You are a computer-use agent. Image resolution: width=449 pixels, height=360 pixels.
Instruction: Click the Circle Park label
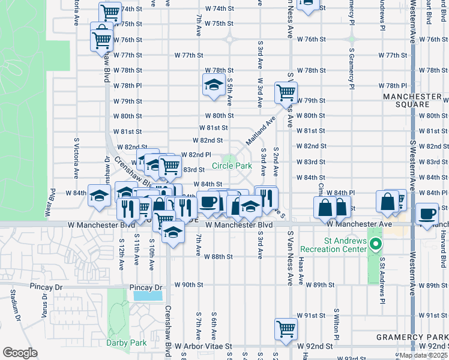[x=231, y=166]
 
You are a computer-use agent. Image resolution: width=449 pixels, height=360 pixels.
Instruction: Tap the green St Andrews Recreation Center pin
[x=376, y=244]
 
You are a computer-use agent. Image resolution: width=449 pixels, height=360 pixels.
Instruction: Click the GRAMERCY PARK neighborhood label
[x=412, y=337]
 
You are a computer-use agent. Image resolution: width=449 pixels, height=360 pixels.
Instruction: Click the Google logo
[x=20, y=353]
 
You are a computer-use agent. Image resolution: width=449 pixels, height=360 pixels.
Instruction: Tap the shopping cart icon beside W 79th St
[x=286, y=92]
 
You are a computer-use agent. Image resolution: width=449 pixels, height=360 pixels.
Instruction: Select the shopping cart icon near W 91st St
[x=286, y=328]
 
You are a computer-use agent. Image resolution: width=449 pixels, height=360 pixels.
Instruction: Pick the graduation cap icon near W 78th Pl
[x=212, y=85]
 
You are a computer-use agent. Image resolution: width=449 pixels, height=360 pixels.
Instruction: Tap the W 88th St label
[x=218, y=257]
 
